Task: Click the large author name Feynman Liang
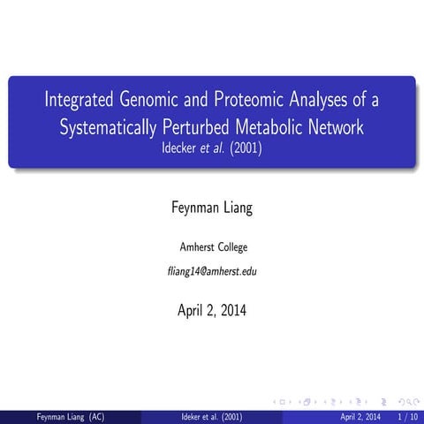tap(212, 208)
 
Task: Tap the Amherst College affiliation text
tap(212, 246)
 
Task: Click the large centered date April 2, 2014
tap(212, 310)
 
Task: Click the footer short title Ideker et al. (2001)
tap(211, 416)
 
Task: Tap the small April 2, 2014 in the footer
tap(360, 416)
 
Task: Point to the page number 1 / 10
tap(407, 416)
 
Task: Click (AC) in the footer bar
tap(94, 416)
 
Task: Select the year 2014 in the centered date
tap(231, 310)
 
